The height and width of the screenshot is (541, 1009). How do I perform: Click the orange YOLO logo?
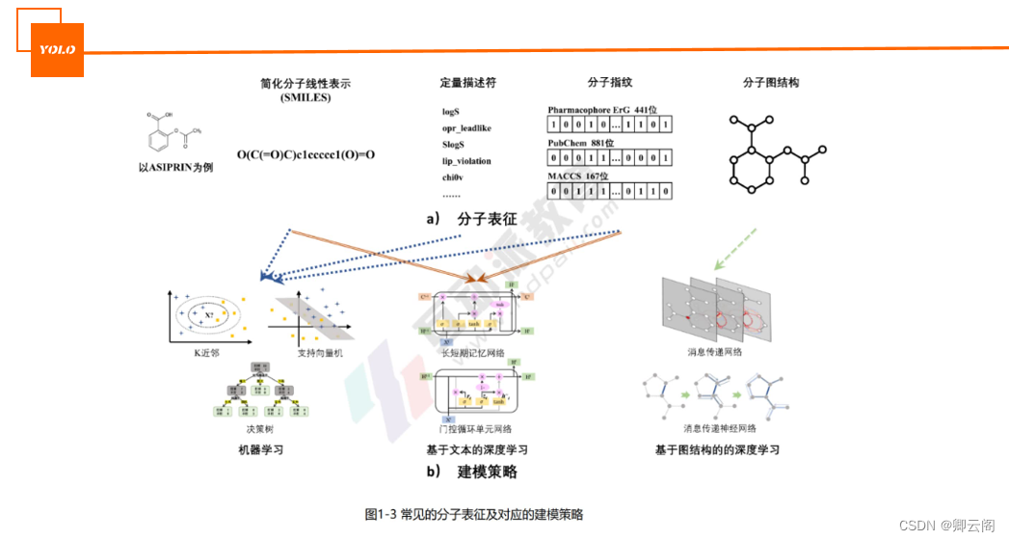pyautogui.click(x=57, y=49)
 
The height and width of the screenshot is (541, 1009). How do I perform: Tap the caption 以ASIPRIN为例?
pyautogui.click(x=174, y=168)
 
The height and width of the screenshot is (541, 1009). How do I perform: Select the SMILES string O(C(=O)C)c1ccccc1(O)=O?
pyautogui.click(x=305, y=154)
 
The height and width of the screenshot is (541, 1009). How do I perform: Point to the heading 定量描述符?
pyautogui.click(x=467, y=83)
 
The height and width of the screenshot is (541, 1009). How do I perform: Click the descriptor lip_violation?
pyautogui.click(x=466, y=161)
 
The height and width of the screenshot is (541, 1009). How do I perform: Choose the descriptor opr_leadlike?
pyautogui.click(x=466, y=128)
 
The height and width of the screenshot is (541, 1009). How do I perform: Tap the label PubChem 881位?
pyautogui.click(x=580, y=143)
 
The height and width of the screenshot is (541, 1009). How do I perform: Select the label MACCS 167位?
pyautogui.click(x=577, y=176)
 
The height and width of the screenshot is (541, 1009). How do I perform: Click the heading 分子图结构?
pyautogui.click(x=771, y=83)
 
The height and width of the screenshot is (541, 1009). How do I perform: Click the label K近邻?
pyautogui.click(x=206, y=353)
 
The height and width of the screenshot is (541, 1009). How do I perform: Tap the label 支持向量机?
pyautogui.click(x=305, y=353)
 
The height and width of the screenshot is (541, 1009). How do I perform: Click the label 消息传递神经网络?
pyautogui.click(x=719, y=428)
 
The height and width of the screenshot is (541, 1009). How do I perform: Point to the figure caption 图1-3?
pyautogui.click(x=473, y=514)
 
